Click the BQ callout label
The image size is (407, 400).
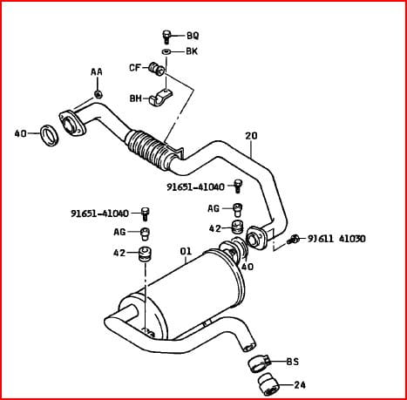pyautogui.click(x=193, y=36)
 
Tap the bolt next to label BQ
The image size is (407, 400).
pyautogui.click(x=166, y=37)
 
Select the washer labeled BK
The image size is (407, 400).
pyautogui.click(x=166, y=51)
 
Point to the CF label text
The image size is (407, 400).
pyautogui.click(x=135, y=68)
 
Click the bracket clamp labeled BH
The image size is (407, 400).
pyautogui.click(x=160, y=97)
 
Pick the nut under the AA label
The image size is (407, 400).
pyautogui.click(x=98, y=94)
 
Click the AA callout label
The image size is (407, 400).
pyautogui.click(x=97, y=71)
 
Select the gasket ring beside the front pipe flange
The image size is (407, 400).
pyautogui.click(x=50, y=135)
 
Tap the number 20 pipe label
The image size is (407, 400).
pyautogui.click(x=251, y=136)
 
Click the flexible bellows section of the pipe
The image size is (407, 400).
pyautogui.click(x=148, y=149)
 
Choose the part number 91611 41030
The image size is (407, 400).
pyautogui.click(x=336, y=239)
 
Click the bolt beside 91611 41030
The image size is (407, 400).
pyautogui.click(x=293, y=240)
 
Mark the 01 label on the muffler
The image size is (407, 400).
pyautogui.click(x=186, y=251)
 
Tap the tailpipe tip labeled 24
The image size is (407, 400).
pyautogui.click(x=268, y=385)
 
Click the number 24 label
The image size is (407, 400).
pyautogui.click(x=300, y=385)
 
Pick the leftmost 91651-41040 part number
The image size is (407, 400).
pyautogui.click(x=99, y=214)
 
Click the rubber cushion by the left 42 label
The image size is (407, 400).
pyautogui.click(x=146, y=254)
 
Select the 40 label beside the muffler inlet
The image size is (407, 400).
pyautogui.click(x=248, y=267)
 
